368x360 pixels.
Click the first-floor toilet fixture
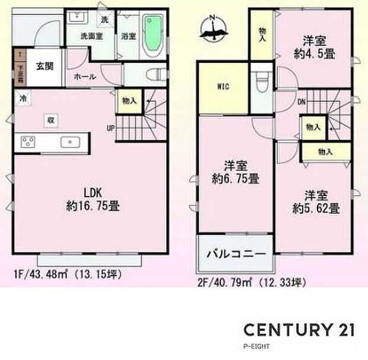[157, 75]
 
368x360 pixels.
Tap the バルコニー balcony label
[234, 254]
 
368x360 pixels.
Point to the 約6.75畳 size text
[236, 178]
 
